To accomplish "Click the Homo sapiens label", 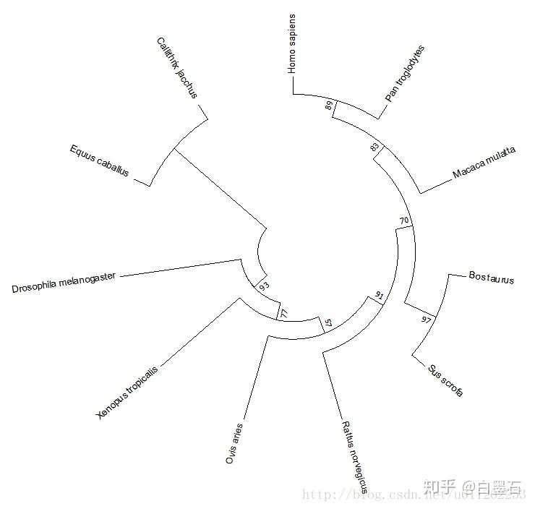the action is pyautogui.click(x=292, y=43).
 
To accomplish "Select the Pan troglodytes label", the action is pyautogui.click(x=405, y=74).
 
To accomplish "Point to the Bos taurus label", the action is pyautogui.click(x=491, y=278).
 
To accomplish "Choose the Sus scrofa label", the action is pyautogui.click(x=443, y=378).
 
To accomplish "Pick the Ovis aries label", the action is pyautogui.click(x=235, y=443).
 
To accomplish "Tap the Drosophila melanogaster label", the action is pyautogui.click(x=64, y=283).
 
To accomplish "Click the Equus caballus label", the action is pyautogui.click(x=99, y=161).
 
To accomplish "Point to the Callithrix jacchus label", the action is pyautogui.click(x=176, y=68).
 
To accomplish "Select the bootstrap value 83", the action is pyautogui.click(x=374, y=147).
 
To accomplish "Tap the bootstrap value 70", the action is pyautogui.click(x=404, y=220).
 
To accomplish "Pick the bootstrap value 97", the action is pyautogui.click(x=427, y=319).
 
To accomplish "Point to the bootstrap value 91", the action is pyautogui.click(x=379, y=296).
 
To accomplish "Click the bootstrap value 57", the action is pyautogui.click(x=328, y=323).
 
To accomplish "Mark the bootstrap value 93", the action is pyautogui.click(x=264, y=286).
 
